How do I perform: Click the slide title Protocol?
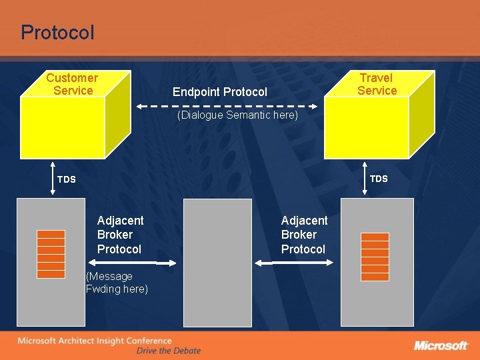(x=57, y=32)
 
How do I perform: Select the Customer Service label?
(x=72, y=85)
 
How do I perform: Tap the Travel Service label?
(x=377, y=85)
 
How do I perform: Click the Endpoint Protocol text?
(x=219, y=92)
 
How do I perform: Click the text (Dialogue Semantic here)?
(x=237, y=115)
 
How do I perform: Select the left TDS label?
(x=67, y=179)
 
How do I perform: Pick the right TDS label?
(x=379, y=179)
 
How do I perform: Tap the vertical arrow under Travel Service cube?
(x=365, y=179)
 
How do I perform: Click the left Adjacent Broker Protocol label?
(x=119, y=235)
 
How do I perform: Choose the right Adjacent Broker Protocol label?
(x=304, y=235)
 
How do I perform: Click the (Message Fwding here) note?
(x=117, y=283)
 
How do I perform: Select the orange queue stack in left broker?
(x=51, y=254)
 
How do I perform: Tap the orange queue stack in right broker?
(x=374, y=257)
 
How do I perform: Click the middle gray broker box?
(x=217, y=263)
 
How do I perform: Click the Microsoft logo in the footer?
(x=441, y=345)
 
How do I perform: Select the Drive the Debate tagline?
(x=168, y=351)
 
